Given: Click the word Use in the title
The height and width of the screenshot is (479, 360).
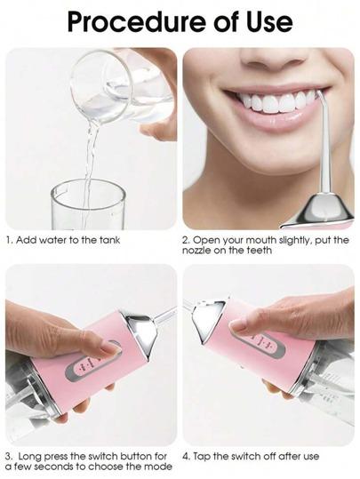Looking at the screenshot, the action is [x=269, y=22].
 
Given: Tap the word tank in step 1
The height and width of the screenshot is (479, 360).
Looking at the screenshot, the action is [x=109, y=240].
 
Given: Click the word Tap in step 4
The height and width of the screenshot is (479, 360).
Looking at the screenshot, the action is [x=202, y=457].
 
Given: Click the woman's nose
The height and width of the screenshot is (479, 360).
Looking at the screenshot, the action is [x=274, y=58].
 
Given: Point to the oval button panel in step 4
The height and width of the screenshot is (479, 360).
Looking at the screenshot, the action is [x=262, y=344].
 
